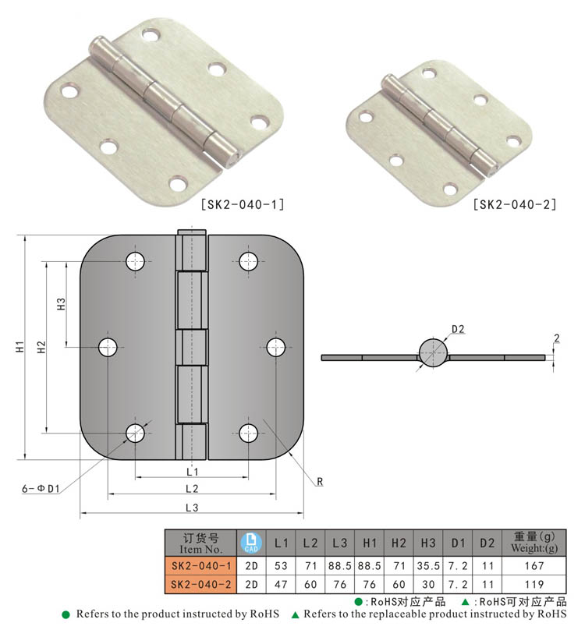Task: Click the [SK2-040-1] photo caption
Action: [x=243, y=204]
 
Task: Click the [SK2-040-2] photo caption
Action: [x=515, y=204]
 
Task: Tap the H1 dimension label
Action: [x=20, y=347]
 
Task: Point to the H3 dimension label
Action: [x=61, y=304]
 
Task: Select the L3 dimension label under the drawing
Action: [x=192, y=508]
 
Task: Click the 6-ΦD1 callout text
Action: [x=41, y=488]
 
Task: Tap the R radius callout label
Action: [x=320, y=482]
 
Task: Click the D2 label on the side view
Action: [x=458, y=329]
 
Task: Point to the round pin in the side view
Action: [x=434, y=353]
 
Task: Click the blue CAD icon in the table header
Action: [x=251, y=543]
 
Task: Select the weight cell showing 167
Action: [x=534, y=565]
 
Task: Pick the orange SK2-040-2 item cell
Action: [x=200, y=584]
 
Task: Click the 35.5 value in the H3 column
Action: [x=428, y=565]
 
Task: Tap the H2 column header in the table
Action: [x=399, y=543]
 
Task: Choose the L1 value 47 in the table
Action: [x=281, y=584]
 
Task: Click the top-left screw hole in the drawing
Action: [x=136, y=261]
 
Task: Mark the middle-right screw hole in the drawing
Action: [x=275, y=347]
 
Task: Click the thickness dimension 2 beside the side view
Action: [x=557, y=338]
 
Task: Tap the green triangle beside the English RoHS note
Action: [x=296, y=615]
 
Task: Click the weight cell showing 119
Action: [x=534, y=584]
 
